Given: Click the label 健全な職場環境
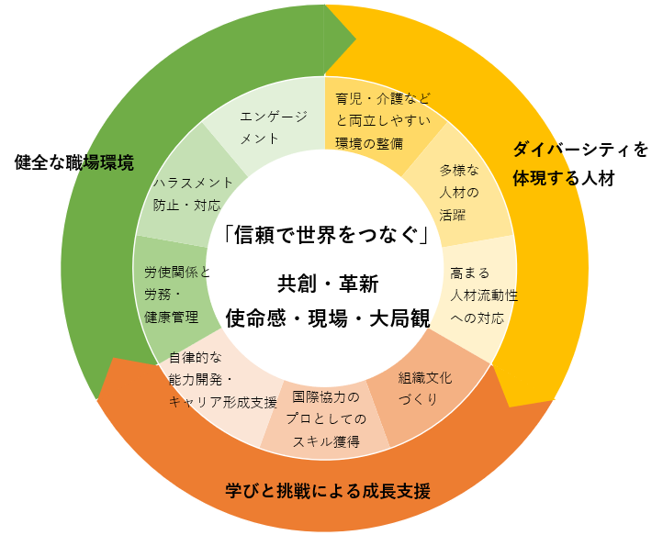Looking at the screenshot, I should (74, 162).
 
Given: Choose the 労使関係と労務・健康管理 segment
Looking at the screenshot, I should (177, 295).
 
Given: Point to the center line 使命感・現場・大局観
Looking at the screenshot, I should (328, 318).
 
